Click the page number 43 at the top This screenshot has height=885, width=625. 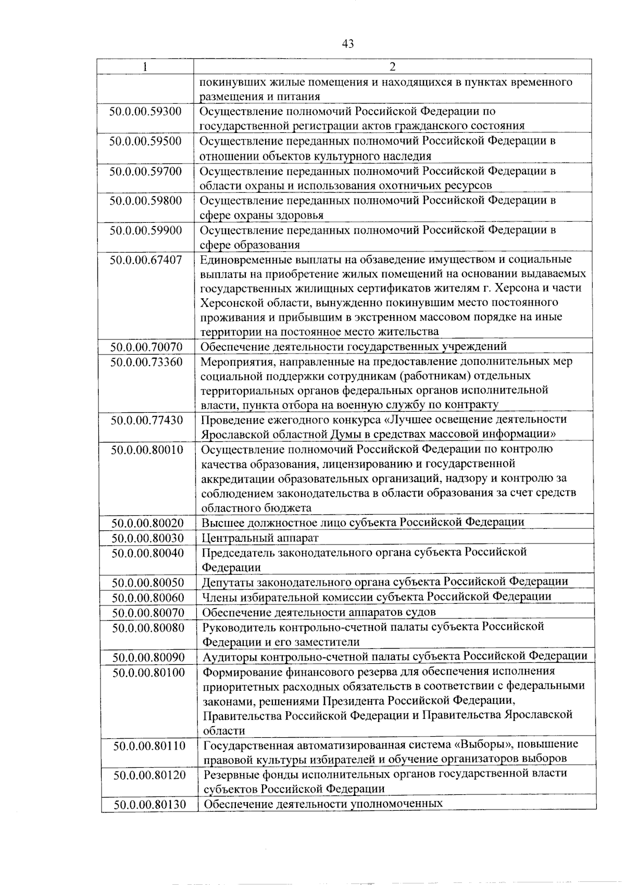[x=347, y=44]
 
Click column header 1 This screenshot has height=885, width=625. [x=145, y=67]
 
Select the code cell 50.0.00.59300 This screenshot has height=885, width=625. [x=145, y=111]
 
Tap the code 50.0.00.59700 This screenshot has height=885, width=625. [x=145, y=171]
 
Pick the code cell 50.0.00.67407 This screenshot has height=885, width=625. [x=146, y=259]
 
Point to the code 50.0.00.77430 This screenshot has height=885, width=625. [x=146, y=420]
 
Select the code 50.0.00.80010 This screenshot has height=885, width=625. [x=147, y=449]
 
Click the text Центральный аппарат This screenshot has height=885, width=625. [x=260, y=538]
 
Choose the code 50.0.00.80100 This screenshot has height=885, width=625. [x=148, y=672]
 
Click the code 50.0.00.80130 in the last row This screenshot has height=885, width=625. [x=150, y=804]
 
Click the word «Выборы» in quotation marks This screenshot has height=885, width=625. [x=463, y=744]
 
